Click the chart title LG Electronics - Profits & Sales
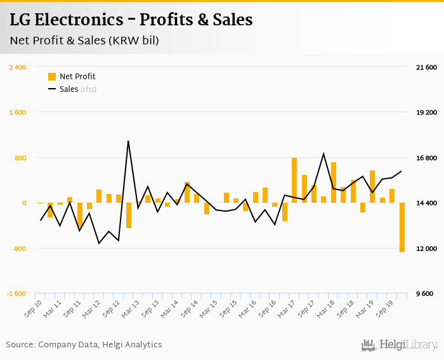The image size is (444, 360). (131, 20)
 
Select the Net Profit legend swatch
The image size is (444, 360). (52, 77)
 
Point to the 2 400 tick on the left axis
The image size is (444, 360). (17, 67)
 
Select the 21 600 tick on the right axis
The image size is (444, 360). (425, 67)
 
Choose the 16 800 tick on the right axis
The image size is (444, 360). (425, 158)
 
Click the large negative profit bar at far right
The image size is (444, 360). (402, 228)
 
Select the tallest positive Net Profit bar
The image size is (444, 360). (294, 180)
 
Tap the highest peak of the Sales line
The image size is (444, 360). (128, 141)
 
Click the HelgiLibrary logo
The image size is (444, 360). (400, 345)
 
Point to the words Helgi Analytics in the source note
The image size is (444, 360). (132, 345)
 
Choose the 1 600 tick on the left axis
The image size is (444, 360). (17, 112)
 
